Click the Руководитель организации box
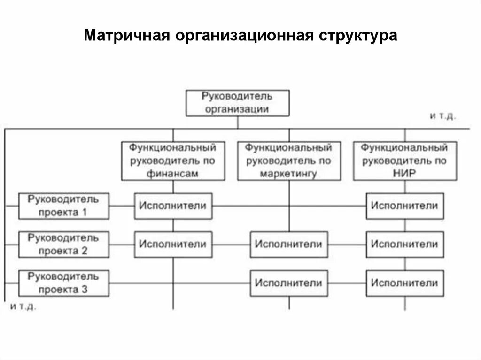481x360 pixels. [238, 103]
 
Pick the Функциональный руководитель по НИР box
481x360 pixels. [404, 161]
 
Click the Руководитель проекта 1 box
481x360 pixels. [64, 206]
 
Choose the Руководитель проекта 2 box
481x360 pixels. [64, 244]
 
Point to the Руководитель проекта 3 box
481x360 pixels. [64, 283]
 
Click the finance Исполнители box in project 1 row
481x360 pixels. [173, 206]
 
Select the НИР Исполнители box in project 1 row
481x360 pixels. [404, 206]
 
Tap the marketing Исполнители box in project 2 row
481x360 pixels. [289, 244]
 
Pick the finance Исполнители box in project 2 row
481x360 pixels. [173, 244]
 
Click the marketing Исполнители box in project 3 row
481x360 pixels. [289, 283]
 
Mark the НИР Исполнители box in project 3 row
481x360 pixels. [404, 283]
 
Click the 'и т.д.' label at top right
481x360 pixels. [442, 116]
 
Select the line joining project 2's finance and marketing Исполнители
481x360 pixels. [231, 244]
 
